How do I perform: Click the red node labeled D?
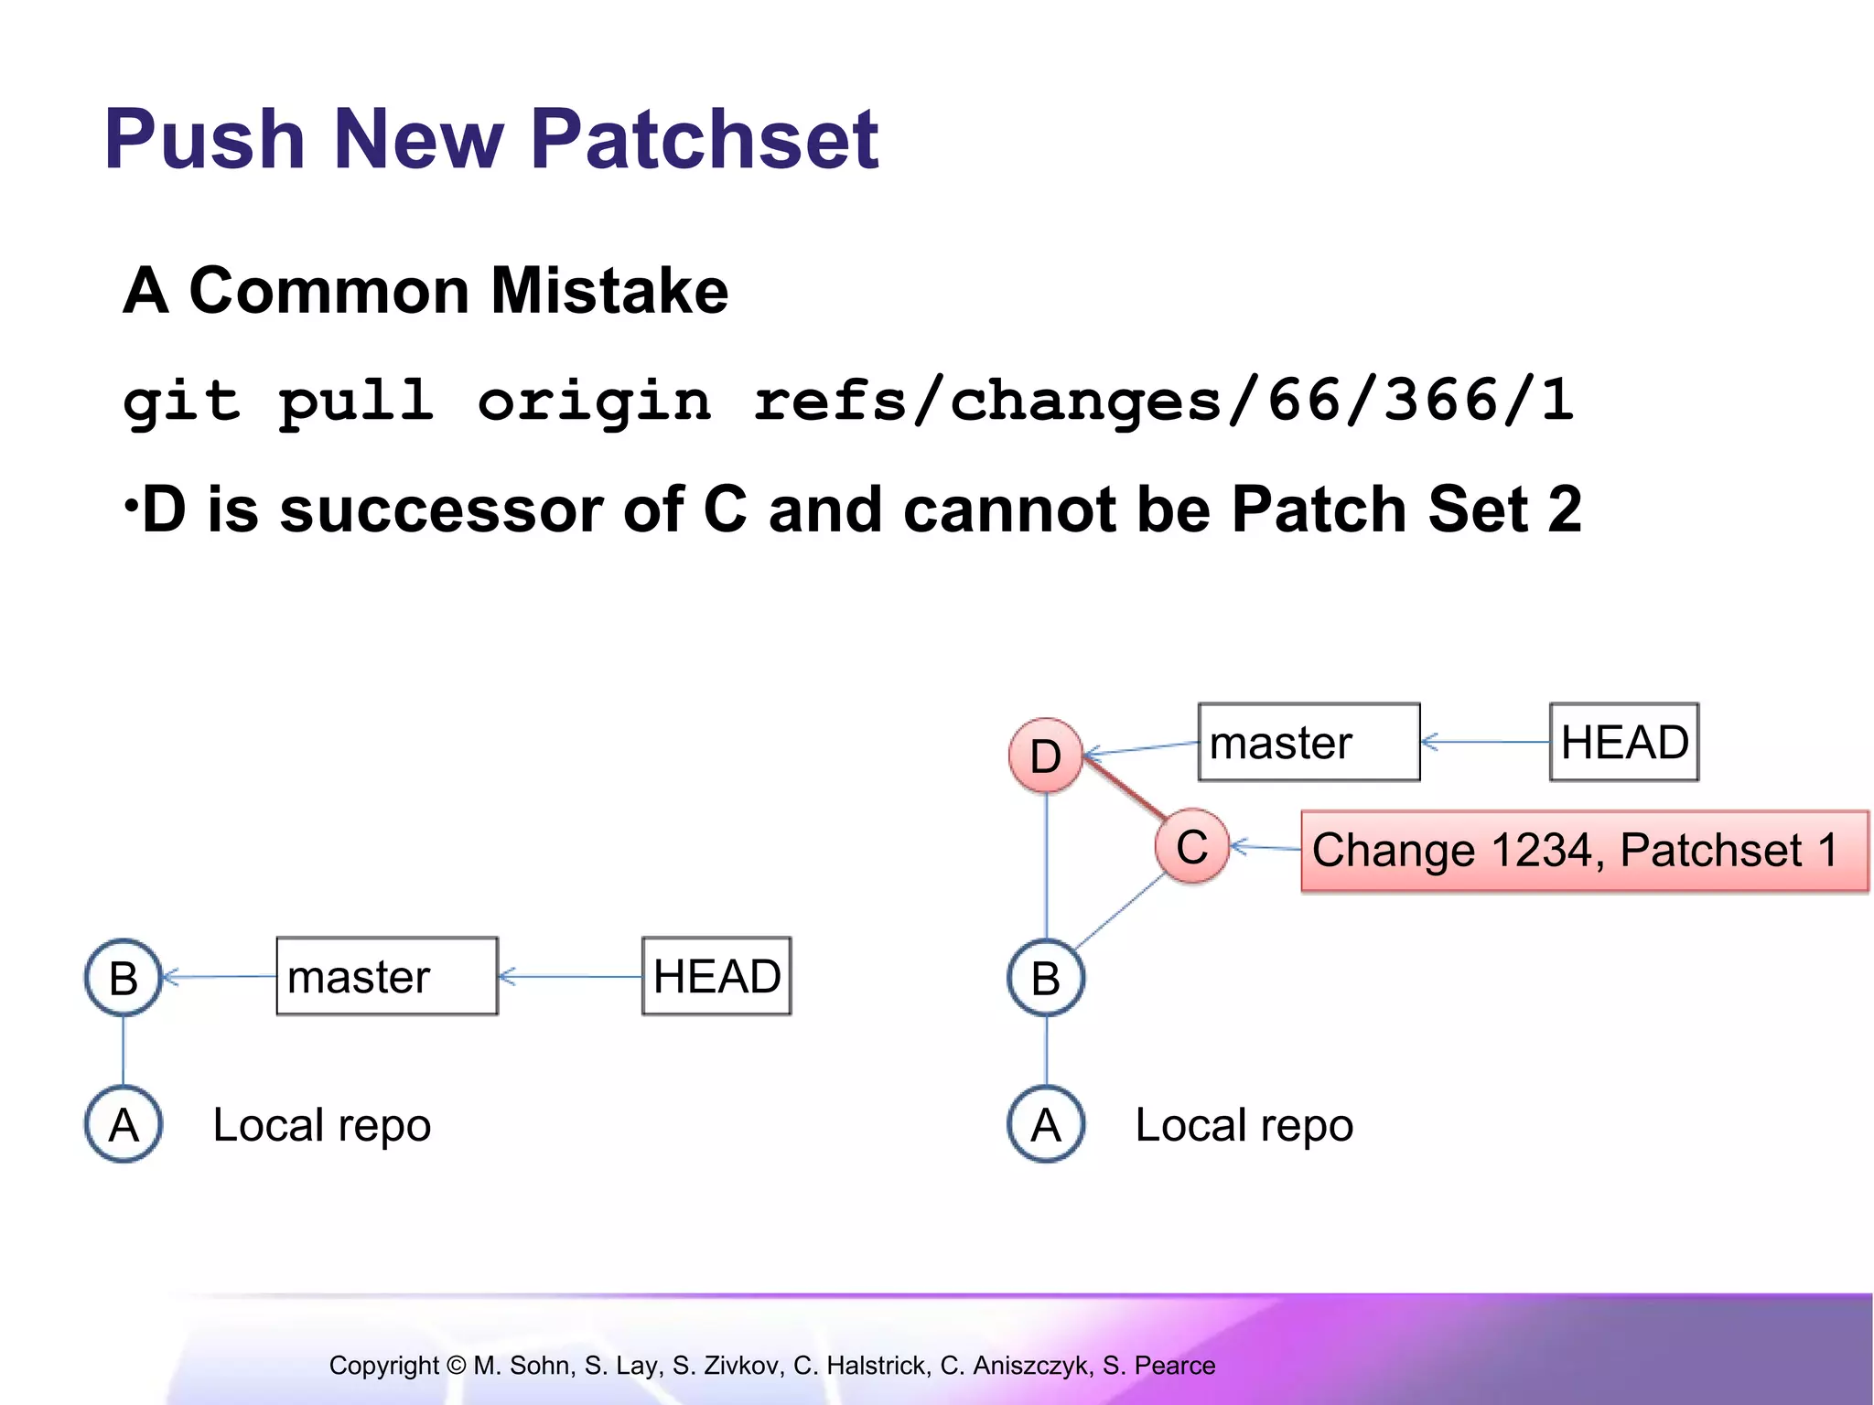click(x=1046, y=756)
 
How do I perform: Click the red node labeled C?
click(x=1191, y=846)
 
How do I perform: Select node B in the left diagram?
click(x=124, y=978)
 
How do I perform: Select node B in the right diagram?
click(x=1046, y=978)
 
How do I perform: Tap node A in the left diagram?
click(x=124, y=1124)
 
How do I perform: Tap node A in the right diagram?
click(x=1046, y=1124)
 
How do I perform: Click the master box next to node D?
click(x=1309, y=742)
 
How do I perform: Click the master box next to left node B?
click(x=387, y=976)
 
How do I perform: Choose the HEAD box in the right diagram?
click(x=1624, y=742)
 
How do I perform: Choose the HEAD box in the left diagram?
click(x=716, y=976)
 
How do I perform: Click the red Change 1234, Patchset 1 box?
click(x=1584, y=851)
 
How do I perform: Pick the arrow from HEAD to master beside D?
click(x=1484, y=742)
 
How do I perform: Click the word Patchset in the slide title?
click(x=705, y=139)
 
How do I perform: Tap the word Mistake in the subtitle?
click(x=609, y=291)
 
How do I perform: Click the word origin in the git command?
click(x=594, y=401)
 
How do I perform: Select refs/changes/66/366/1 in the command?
click(x=1162, y=401)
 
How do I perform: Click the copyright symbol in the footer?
click(x=456, y=1366)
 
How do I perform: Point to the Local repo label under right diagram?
click(x=1244, y=1125)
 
